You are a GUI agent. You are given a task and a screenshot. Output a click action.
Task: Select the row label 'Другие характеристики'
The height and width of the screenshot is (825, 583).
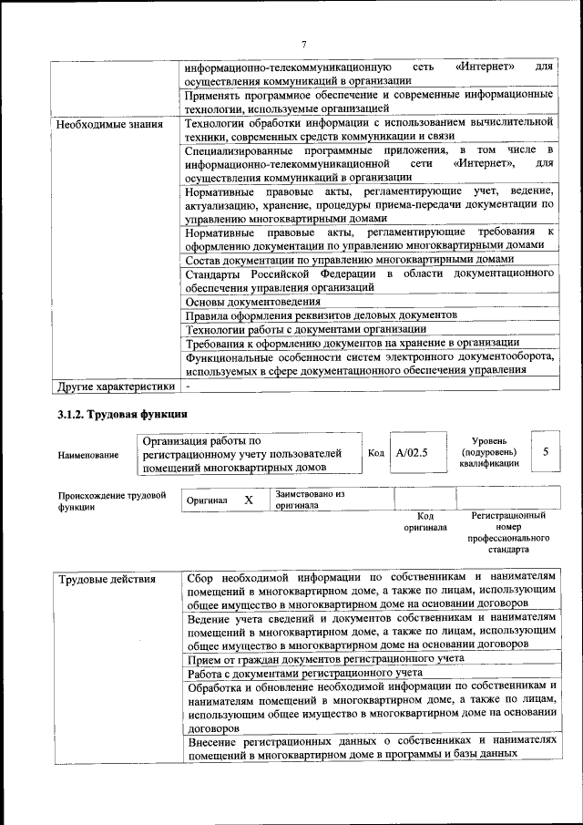coord(115,386)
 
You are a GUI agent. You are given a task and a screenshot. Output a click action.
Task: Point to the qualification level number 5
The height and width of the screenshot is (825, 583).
coord(545,451)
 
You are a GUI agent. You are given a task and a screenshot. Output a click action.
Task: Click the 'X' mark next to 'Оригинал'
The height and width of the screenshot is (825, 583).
coord(248,500)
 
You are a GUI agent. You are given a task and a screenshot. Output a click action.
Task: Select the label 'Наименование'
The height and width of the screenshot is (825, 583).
coord(87,455)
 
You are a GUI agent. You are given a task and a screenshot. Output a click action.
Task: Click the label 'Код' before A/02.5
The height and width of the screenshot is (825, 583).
coord(375,452)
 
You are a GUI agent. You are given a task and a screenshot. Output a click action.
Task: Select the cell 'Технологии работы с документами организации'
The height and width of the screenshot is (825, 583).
coord(306,329)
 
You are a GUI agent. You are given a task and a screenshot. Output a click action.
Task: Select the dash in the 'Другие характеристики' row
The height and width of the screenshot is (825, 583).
coord(188,386)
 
